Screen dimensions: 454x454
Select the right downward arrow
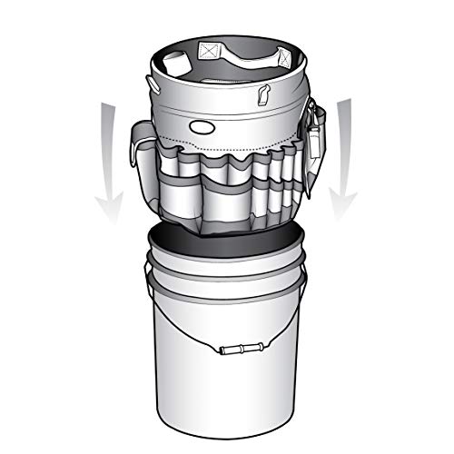(x=347, y=150)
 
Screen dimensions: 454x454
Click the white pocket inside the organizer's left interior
(x=175, y=64)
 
